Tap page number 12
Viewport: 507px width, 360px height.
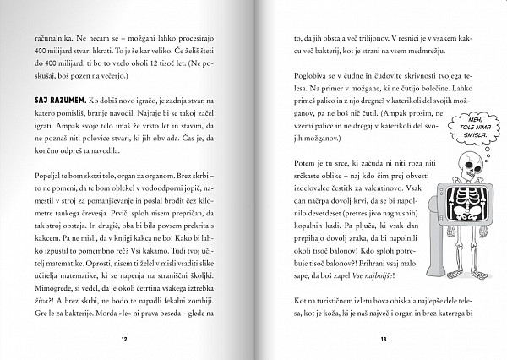123,338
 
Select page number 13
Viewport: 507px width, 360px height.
384,338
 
